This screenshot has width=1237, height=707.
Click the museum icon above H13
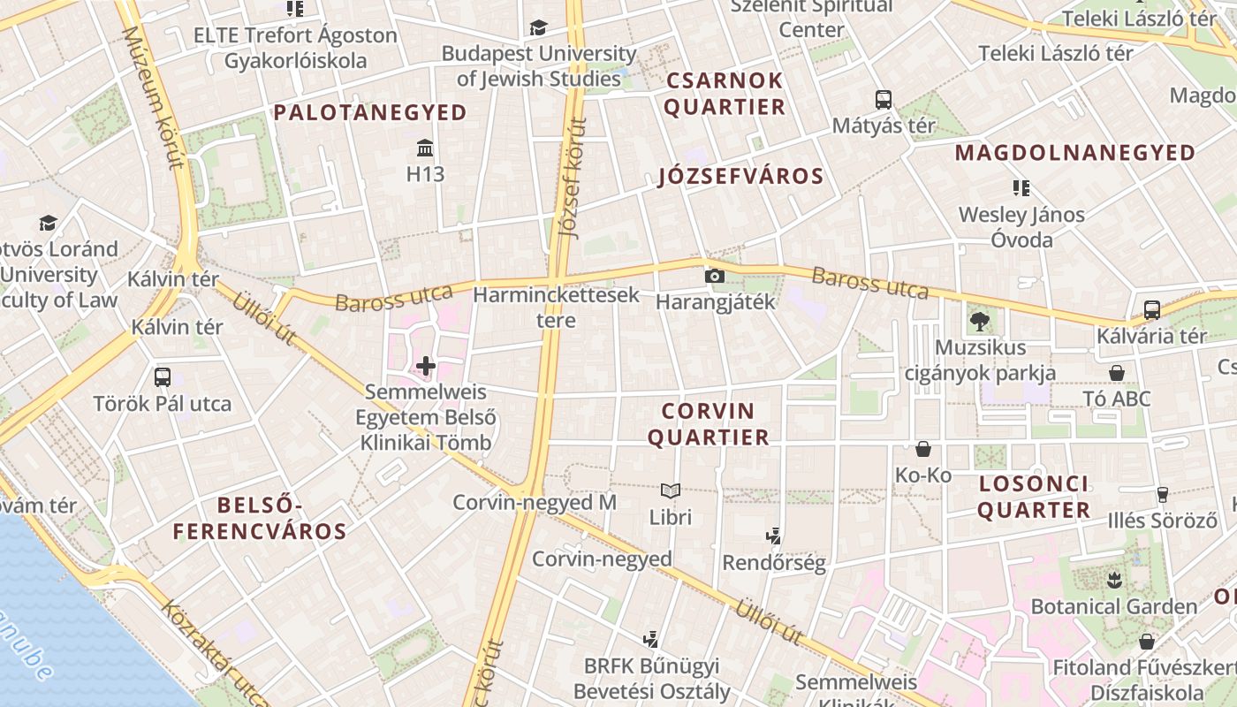tap(425, 147)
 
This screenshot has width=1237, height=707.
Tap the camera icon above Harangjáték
tap(714, 276)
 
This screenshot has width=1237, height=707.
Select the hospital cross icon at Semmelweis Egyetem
tap(426, 365)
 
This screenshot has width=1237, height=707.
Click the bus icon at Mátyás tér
tap(883, 99)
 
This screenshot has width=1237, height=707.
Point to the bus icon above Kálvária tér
tap(1151, 309)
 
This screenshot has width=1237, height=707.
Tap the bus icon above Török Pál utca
tap(163, 377)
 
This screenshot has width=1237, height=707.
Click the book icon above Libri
tap(671, 490)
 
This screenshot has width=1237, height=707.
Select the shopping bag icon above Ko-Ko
tap(923, 449)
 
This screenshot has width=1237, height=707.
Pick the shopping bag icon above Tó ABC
tap(1117, 373)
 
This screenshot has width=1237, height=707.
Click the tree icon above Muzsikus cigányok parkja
tap(979, 321)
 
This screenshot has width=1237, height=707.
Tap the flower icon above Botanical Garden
tap(1113, 581)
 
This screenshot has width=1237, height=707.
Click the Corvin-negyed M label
tap(534, 503)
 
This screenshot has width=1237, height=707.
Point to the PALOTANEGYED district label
tap(370, 112)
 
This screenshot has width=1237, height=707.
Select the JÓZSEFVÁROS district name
tap(740, 176)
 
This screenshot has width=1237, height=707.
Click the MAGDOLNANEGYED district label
tap(1074, 153)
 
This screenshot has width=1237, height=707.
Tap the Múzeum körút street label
tap(152, 97)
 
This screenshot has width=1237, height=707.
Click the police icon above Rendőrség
tap(774, 536)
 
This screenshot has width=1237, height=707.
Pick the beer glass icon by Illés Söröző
tap(1163, 495)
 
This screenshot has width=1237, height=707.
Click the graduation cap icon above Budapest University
tap(538, 28)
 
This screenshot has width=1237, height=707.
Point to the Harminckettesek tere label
tap(556, 307)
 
